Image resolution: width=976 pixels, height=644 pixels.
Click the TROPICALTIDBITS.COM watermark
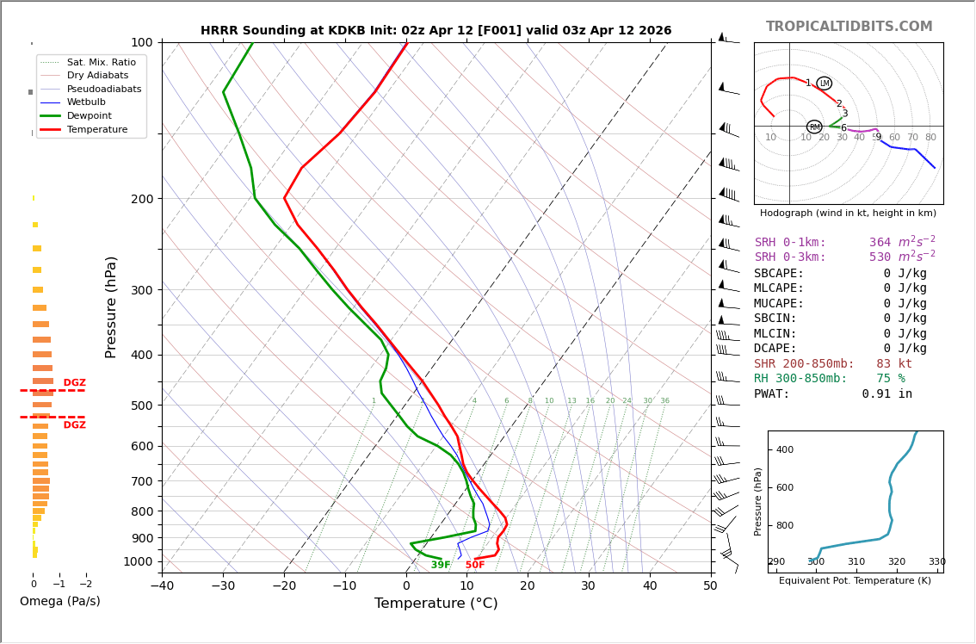[849, 27]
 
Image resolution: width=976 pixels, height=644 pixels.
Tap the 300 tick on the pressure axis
[141, 290]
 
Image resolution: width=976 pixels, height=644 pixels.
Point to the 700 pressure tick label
[141, 481]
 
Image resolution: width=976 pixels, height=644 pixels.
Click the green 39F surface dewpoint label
[441, 565]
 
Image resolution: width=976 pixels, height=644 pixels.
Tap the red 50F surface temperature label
[475, 565]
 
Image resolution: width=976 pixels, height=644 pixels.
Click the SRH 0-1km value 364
[880, 243]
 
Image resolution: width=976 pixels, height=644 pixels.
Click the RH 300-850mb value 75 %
[890, 379]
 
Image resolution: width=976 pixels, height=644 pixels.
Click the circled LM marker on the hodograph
[825, 84]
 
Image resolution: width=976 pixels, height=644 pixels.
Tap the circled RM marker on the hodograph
[814, 127]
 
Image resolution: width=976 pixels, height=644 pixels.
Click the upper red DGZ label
[74, 383]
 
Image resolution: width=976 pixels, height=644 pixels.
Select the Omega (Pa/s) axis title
[59, 602]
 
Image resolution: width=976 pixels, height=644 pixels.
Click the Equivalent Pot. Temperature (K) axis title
[855, 581]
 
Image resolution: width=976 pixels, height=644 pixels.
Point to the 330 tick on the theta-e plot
[936, 562]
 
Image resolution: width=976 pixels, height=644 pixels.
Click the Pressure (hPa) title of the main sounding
[111, 307]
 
